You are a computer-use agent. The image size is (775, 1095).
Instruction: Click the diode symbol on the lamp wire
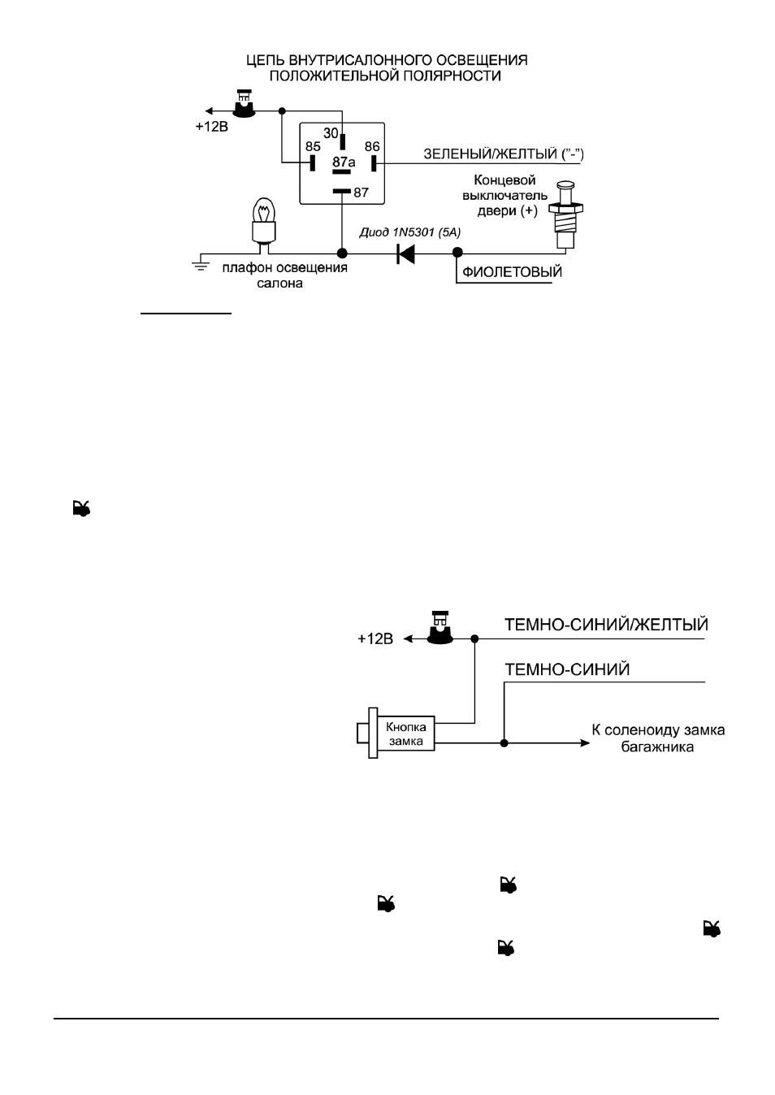(x=406, y=253)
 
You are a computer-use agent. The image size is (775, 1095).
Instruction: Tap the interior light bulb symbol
(x=264, y=224)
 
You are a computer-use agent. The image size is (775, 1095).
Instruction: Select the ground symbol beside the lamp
(x=201, y=266)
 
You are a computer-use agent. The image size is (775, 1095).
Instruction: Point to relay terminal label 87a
(x=344, y=162)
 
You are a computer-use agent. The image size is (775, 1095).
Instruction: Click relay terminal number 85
(x=313, y=146)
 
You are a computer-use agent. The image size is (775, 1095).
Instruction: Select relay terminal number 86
(x=372, y=146)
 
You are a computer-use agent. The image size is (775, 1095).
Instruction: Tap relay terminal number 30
(x=331, y=132)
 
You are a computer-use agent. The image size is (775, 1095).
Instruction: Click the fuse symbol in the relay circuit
(x=244, y=104)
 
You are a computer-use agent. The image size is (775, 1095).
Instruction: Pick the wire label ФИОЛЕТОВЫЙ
(x=512, y=272)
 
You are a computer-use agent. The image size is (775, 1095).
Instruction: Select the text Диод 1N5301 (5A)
(x=410, y=232)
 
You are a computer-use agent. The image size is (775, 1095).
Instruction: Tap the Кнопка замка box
(x=406, y=734)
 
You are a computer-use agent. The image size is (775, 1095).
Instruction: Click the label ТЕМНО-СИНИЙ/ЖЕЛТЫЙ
(x=606, y=625)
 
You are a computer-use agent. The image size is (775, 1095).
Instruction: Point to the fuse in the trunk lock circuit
(x=440, y=627)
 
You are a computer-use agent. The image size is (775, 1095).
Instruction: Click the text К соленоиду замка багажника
(x=658, y=738)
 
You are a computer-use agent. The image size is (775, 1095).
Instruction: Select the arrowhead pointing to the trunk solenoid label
(x=585, y=743)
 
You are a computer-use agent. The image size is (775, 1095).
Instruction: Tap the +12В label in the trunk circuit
(x=375, y=639)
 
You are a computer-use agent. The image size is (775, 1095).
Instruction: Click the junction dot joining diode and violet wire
(x=457, y=253)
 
